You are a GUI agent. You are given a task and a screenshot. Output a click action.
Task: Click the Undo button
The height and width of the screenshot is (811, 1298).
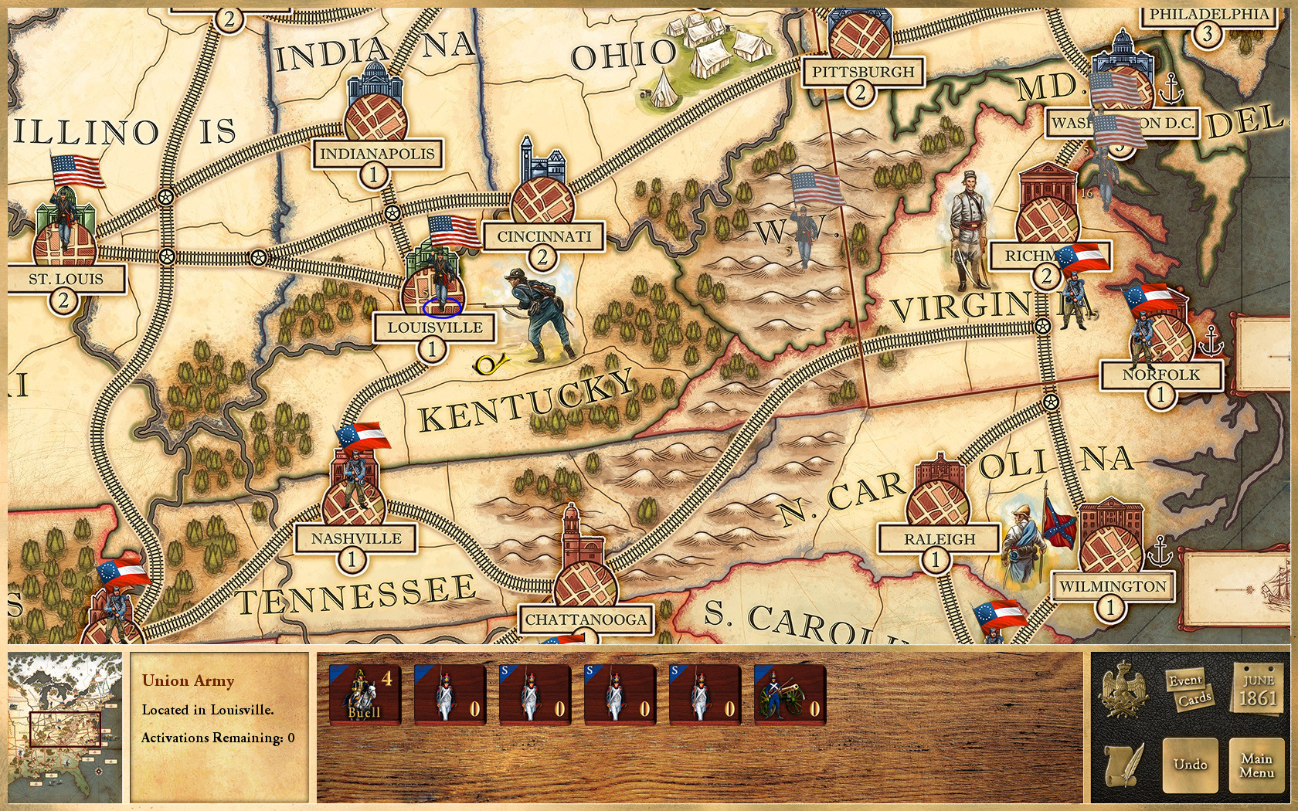click(1190, 765)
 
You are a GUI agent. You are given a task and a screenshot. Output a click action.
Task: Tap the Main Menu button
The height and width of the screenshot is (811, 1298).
click(1256, 765)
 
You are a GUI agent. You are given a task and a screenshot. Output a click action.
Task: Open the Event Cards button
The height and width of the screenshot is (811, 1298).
click(1190, 690)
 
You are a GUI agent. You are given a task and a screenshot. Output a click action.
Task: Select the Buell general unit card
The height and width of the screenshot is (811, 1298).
click(365, 694)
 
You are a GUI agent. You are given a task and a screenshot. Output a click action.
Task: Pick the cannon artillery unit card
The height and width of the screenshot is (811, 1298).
click(790, 694)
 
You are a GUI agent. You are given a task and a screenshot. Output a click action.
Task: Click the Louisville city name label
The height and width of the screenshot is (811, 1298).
click(435, 327)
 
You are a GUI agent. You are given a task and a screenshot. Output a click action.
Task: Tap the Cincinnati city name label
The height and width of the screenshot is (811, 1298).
click(543, 236)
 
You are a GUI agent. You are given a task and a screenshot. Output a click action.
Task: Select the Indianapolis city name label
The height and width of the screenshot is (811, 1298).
click(377, 154)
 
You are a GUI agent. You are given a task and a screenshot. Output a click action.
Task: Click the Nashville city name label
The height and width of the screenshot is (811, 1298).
click(356, 538)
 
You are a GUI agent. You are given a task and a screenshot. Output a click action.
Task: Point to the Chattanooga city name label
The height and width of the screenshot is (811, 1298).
click(586, 619)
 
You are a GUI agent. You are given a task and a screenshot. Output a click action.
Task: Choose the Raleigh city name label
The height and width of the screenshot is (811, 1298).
click(940, 539)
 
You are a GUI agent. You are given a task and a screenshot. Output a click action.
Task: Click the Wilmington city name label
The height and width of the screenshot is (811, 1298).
click(1113, 586)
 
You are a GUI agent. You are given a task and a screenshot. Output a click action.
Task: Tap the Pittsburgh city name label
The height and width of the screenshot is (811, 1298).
click(862, 73)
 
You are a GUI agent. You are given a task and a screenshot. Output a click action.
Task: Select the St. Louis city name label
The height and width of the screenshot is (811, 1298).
click(66, 279)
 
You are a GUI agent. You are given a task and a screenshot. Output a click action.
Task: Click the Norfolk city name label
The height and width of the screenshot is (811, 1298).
click(1160, 375)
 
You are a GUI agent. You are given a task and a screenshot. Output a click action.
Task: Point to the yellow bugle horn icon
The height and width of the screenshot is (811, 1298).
click(488, 363)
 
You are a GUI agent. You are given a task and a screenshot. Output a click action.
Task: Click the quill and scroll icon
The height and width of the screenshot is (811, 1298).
click(1123, 765)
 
